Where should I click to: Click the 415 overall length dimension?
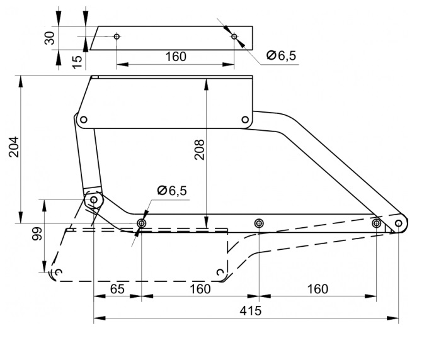tap(250, 311)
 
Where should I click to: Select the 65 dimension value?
tap(117, 289)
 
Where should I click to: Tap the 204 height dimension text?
tap(14, 147)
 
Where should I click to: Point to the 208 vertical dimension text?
tap(200, 150)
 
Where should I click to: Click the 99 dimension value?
tap(37, 233)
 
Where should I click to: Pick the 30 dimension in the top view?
tap(50, 38)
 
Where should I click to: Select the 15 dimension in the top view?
tap(77, 62)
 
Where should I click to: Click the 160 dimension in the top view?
tap(176, 57)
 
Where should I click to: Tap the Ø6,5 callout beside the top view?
tap(281, 55)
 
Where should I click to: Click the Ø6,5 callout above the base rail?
tap(172, 191)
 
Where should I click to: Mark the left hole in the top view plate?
tap(117, 37)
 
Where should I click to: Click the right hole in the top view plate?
tap(234, 37)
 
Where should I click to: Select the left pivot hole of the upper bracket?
tap(84, 120)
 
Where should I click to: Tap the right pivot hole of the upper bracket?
tap(245, 120)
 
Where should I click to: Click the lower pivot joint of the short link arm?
tap(94, 200)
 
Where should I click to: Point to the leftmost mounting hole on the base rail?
tap(142, 223)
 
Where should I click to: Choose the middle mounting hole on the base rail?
tap(259, 223)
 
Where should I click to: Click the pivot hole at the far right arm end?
tap(399, 223)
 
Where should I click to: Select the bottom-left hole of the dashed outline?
tap(58, 272)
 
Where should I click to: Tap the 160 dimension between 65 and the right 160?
tap(200, 289)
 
